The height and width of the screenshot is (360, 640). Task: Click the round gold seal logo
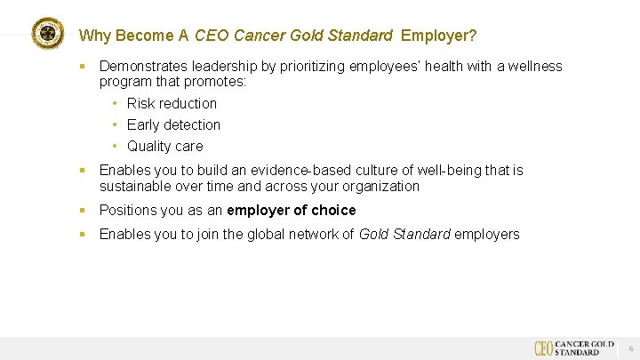click(x=48, y=34)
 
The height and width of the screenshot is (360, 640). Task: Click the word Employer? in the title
click(x=438, y=36)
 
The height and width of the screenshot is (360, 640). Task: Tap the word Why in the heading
click(x=93, y=36)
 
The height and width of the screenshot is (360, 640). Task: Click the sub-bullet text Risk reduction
click(x=172, y=103)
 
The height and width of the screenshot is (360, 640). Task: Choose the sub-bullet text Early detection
click(x=173, y=124)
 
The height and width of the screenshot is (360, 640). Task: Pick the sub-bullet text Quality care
click(x=164, y=146)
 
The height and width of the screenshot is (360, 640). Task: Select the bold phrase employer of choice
click(x=292, y=210)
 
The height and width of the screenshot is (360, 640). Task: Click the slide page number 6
click(x=630, y=348)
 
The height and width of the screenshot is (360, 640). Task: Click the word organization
click(x=380, y=186)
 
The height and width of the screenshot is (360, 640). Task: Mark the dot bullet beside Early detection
click(x=116, y=124)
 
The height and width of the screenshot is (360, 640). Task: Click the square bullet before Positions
click(x=82, y=210)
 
